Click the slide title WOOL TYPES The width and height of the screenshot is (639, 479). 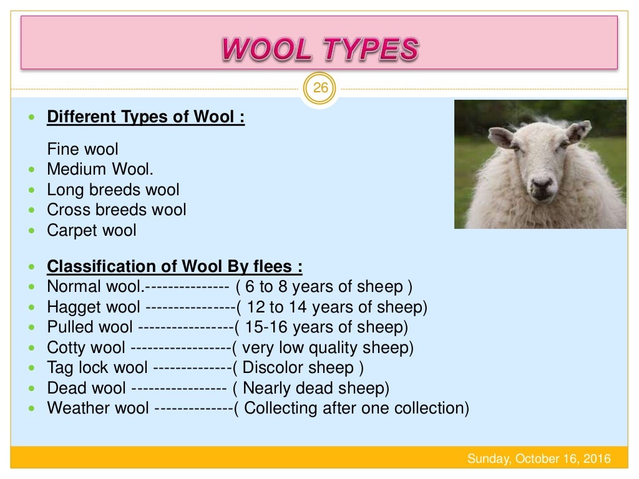(319, 49)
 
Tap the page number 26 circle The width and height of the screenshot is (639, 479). (319, 88)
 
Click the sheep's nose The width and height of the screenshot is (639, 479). (541, 183)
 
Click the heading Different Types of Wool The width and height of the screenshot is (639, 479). (146, 117)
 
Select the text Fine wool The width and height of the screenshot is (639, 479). (82, 150)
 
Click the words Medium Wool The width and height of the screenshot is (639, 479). (100, 170)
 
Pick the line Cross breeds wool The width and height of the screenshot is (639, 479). (117, 210)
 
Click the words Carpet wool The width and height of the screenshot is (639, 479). (92, 230)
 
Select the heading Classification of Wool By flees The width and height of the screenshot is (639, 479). (175, 266)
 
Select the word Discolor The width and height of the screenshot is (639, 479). (274, 367)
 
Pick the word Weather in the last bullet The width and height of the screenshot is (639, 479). (77, 408)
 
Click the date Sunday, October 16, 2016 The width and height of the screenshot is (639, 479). (539, 460)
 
